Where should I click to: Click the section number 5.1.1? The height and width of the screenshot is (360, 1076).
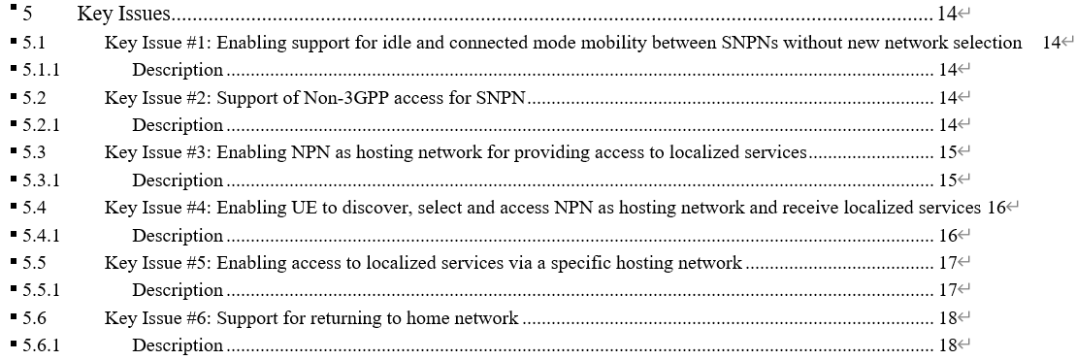point(40,70)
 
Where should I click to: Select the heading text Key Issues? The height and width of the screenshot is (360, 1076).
point(124,14)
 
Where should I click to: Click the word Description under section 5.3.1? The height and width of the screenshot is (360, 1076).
point(178,180)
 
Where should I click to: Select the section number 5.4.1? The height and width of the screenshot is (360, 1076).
point(40,236)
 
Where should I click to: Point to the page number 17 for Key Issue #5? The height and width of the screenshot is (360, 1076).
point(948,263)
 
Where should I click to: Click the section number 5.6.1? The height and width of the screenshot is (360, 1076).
point(40,345)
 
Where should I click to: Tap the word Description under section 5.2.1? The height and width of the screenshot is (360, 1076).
point(178,125)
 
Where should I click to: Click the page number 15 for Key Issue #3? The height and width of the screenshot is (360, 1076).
point(948,152)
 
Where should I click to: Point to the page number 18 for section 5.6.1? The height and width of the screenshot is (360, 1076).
point(948,345)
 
